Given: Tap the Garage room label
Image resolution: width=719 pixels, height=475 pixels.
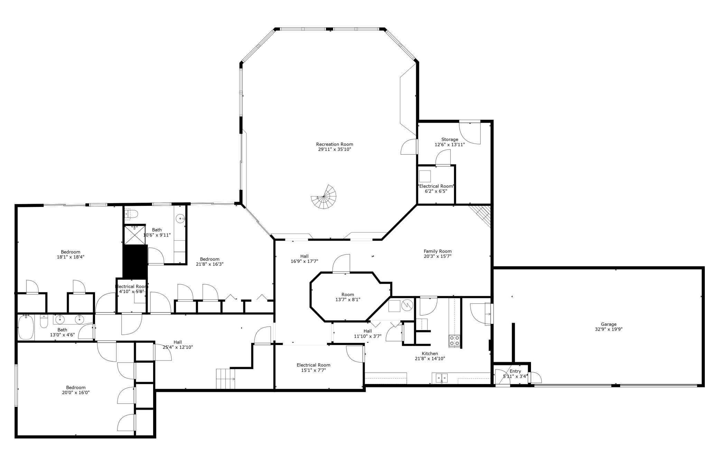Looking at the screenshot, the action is pos(608,324).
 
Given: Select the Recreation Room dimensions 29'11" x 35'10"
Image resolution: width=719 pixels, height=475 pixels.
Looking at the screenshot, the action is pos(335,149).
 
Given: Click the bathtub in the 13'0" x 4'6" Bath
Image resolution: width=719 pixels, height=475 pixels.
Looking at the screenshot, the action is pos(26,327).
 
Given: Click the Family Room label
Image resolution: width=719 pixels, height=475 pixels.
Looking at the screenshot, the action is pos(438,251).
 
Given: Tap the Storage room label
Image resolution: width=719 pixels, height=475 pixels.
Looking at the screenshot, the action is pos(450,139).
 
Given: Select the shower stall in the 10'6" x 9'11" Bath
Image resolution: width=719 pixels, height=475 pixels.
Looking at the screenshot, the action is pos(134,235).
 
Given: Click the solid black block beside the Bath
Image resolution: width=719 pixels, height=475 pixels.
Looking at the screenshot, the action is pos(135,261).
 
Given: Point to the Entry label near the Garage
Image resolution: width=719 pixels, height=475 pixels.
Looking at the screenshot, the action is pos(515,371).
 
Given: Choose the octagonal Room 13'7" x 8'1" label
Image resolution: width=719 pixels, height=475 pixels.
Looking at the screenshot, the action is pos(348,295).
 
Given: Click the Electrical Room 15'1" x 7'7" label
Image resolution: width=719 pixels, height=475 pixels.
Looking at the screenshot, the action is pos(314,365).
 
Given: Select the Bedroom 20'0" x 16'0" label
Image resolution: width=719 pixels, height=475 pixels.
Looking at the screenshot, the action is pos(76,387).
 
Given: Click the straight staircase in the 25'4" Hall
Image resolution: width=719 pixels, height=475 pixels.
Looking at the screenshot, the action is pos(225,379).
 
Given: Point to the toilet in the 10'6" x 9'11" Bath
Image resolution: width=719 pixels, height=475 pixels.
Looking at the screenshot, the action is pos(131,214).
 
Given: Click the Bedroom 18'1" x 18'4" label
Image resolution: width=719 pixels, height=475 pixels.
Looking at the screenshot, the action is pos(71,252).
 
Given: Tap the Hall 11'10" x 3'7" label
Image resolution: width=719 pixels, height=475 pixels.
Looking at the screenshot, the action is pos(367,331).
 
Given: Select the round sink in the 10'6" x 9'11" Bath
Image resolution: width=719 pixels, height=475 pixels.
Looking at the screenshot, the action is pos(180,219).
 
